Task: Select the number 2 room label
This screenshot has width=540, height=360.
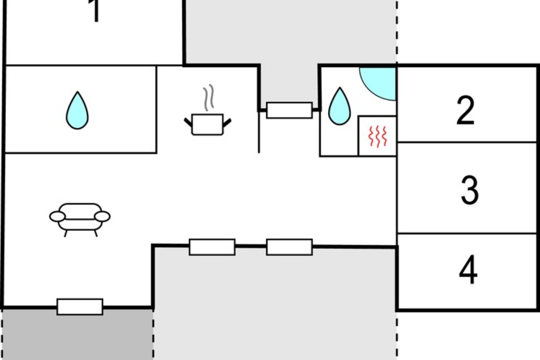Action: tap(465, 110)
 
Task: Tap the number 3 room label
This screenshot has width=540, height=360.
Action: tap(470, 190)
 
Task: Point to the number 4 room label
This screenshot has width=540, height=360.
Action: tap(468, 270)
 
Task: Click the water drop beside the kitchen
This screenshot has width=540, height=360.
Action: tap(77, 111)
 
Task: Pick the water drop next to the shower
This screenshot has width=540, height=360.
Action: tap(339, 106)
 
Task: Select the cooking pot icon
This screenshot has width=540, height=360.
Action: tap(207, 124)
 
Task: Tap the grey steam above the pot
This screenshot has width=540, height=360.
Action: tap(208, 97)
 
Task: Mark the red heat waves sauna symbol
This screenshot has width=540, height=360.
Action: tap(378, 136)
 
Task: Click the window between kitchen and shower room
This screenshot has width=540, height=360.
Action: tap(289, 110)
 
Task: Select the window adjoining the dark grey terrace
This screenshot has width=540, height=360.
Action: tap(80, 307)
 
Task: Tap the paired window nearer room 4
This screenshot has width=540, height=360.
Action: tap(289, 247)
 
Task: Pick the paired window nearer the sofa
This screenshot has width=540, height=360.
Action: tap(212, 247)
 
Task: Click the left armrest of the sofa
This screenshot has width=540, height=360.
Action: tap(58, 216)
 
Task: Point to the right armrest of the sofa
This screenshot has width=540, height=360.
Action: tap(103, 216)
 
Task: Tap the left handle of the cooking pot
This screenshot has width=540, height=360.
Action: tap(188, 122)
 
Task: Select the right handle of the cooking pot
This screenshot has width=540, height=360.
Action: tap(227, 123)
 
